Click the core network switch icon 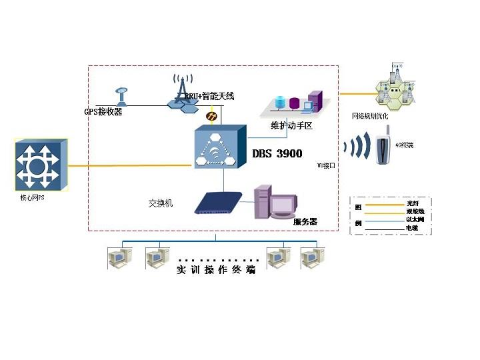click(40, 164)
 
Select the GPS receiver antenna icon click(121, 96)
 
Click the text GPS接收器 click(103, 112)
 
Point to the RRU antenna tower click(179, 91)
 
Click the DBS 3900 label click(277, 154)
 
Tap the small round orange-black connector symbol click(211, 117)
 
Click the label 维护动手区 click(292, 125)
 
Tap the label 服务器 click(305, 221)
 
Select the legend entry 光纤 click(413, 203)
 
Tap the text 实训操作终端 click(215, 271)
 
